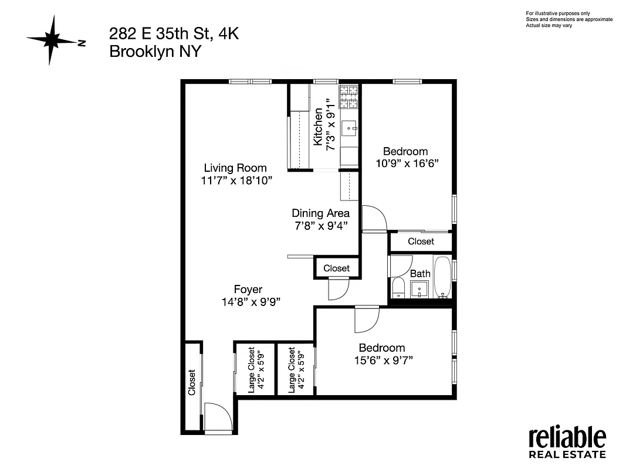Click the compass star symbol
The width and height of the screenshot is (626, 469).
coord(52,40)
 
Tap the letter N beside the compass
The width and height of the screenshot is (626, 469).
coord(82,42)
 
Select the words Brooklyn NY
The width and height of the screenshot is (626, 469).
coord(155,51)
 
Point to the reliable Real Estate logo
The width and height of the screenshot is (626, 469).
coord(567,443)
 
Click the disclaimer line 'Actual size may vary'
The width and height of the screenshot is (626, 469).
coord(549,25)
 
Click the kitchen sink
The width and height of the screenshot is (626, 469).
coord(350,125)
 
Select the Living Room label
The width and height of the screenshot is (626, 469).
coord(235,168)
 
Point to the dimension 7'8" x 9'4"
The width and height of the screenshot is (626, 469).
coord(321,226)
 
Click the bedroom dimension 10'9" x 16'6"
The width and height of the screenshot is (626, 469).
coord(407,163)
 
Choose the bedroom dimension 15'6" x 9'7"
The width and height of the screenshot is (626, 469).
coord(382,360)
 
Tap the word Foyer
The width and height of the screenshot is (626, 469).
coord(248,289)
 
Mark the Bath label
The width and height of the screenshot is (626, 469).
coord(420,273)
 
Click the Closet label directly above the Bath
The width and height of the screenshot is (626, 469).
coord(421,241)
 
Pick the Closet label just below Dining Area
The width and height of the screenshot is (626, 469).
coord(336,268)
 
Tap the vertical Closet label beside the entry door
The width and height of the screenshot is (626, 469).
coord(191,382)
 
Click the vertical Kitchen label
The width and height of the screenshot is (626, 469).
coord(318,127)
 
